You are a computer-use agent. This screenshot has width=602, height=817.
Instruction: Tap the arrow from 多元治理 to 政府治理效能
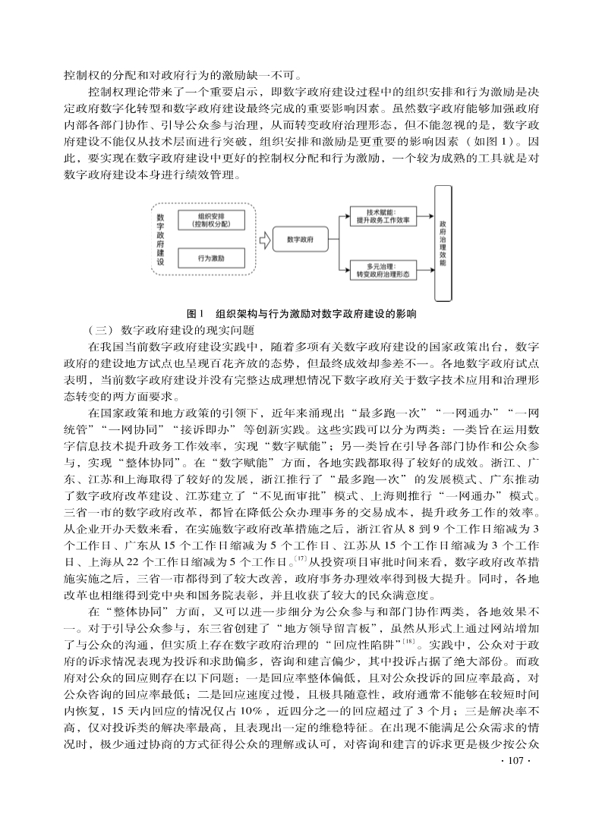(423, 270)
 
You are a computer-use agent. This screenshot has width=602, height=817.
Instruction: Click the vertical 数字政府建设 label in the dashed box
(160, 239)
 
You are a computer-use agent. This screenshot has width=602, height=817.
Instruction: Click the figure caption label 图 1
(197, 313)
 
